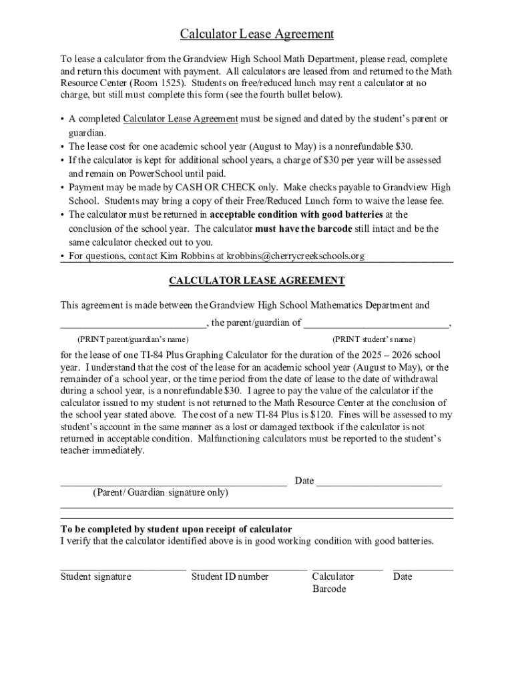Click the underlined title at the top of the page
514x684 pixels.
[257, 34]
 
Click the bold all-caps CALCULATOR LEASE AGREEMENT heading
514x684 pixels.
[257, 281]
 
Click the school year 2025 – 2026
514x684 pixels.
[385, 355]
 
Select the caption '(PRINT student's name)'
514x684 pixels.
[373, 339]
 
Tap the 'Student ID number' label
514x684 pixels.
[230, 576]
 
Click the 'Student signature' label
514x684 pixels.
[95, 576]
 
